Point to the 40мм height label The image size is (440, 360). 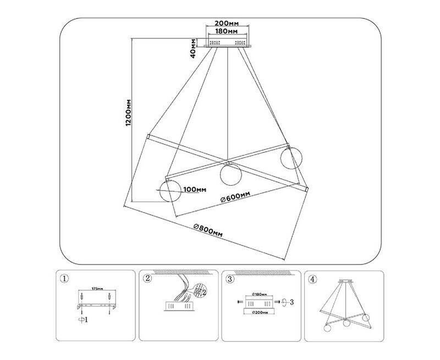point(194,48)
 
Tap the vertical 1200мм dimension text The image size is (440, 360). point(128,113)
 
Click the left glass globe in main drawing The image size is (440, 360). point(170,191)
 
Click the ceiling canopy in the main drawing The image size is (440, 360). point(227,43)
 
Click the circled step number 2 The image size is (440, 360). point(147,279)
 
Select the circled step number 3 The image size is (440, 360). point(230,279)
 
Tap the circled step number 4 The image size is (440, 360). point(313,279)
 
